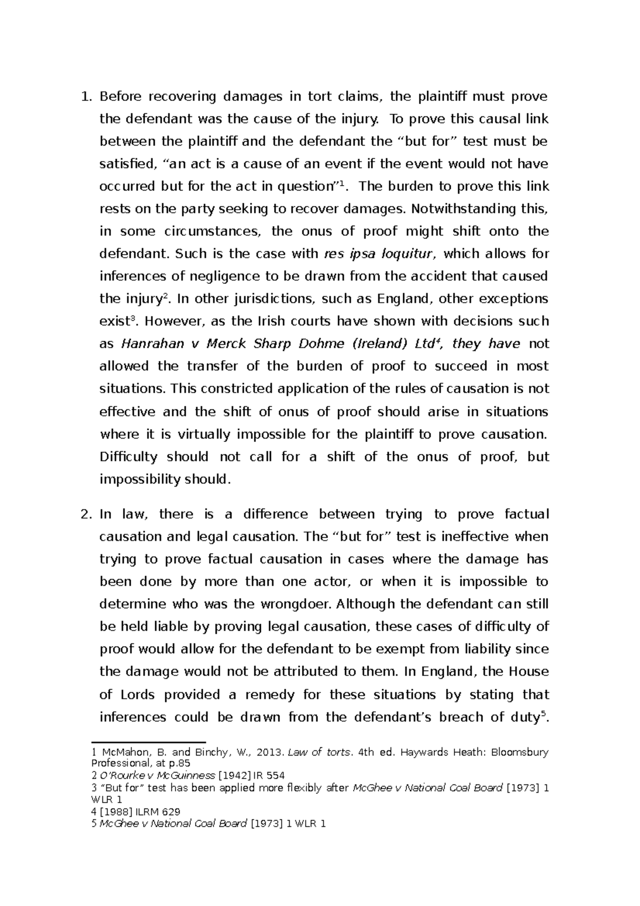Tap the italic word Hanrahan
click(x=148, y=344)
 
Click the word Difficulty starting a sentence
click(x=129, y=457)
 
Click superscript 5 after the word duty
click(x=542, y=714)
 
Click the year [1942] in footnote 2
click(x=236, y=775)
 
